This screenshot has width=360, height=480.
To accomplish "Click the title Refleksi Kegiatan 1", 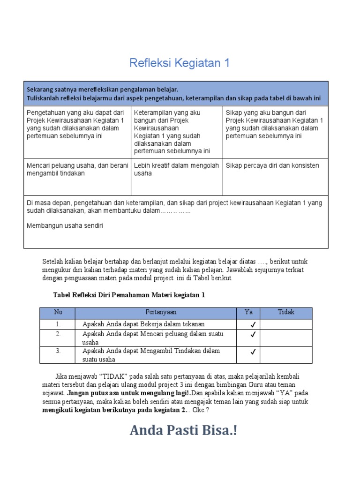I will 180,63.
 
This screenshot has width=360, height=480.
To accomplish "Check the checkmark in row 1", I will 253,325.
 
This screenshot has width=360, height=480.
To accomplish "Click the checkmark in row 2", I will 253,335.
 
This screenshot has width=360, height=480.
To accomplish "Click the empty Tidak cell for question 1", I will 286,324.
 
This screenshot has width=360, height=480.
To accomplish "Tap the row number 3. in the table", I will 58,351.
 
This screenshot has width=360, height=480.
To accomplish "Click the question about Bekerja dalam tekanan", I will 143,324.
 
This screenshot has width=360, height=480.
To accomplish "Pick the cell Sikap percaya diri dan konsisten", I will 272,165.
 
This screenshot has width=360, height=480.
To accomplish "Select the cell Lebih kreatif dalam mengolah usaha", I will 176,169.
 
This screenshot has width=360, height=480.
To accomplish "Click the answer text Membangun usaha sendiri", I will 65,226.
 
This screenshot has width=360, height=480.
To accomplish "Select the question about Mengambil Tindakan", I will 151,355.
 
